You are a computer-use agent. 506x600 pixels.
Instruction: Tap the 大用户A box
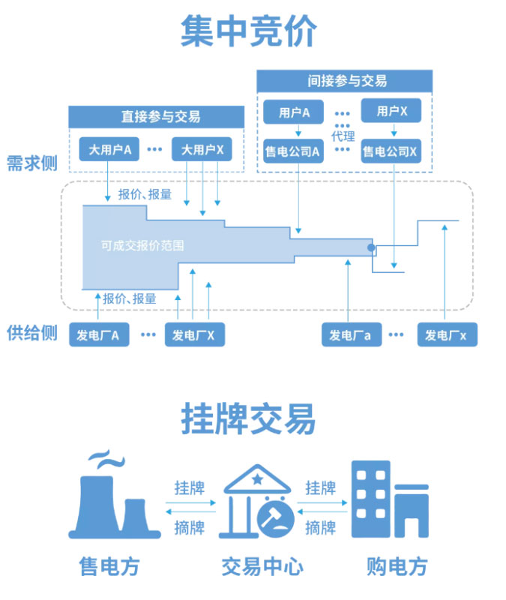(x=109, y=150)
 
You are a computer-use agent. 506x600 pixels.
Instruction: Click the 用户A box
(x=295, y=112)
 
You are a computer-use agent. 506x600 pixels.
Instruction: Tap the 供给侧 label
(x=31, y=333)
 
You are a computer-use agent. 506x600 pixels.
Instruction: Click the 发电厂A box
(x=98, y=335)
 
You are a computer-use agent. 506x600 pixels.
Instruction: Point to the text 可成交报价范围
(x=142, y=245)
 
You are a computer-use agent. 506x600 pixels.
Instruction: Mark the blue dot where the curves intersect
(x=370, y=247)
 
